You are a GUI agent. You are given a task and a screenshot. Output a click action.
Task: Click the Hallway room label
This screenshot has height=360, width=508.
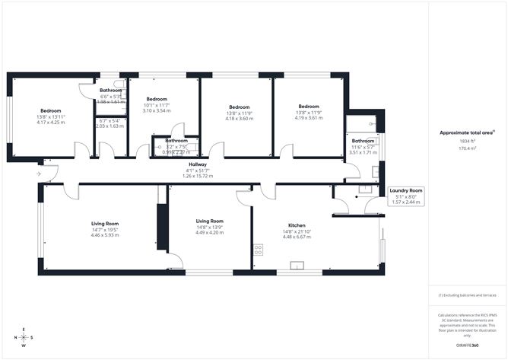(198, 164)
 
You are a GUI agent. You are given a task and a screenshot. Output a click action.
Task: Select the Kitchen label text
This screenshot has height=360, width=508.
(297, 226)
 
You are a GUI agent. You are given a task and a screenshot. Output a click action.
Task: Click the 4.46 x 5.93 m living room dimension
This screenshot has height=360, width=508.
(105, 236)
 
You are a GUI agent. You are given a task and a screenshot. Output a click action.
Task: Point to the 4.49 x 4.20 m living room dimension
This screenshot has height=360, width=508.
(208, 232)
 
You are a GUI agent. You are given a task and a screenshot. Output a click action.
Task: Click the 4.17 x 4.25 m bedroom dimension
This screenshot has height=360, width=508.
(51, 123)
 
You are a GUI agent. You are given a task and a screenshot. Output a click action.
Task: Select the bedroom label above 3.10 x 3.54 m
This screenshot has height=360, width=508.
(157, 99)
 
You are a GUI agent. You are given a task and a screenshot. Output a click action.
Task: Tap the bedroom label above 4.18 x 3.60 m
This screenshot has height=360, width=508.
(240, 107)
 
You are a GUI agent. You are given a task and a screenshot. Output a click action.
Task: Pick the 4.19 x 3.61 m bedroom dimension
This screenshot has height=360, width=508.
(309, 118)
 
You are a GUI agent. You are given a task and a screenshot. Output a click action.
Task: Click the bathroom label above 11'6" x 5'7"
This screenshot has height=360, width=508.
(363, 141)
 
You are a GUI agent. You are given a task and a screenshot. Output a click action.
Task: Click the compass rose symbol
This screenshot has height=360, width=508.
(24, 337)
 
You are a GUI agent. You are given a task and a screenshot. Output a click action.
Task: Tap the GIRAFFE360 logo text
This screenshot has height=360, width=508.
(465, 346)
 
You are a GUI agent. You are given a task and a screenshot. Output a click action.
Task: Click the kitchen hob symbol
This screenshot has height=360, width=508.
(259, 249)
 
